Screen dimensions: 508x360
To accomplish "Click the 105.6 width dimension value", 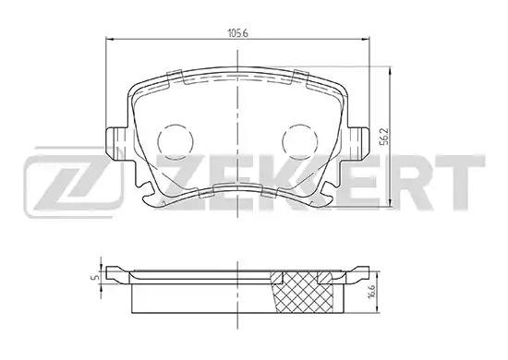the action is coord(237,33).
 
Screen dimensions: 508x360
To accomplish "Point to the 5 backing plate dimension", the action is coord(95,278).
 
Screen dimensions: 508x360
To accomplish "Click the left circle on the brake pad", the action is coord(175,141).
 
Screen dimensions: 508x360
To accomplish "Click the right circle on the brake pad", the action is coord(299,141).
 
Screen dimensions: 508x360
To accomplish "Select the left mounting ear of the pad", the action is coord(116,143).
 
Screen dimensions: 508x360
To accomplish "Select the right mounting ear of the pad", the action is coord(358,143).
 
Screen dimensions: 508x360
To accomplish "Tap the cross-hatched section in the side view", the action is coord(305,293).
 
